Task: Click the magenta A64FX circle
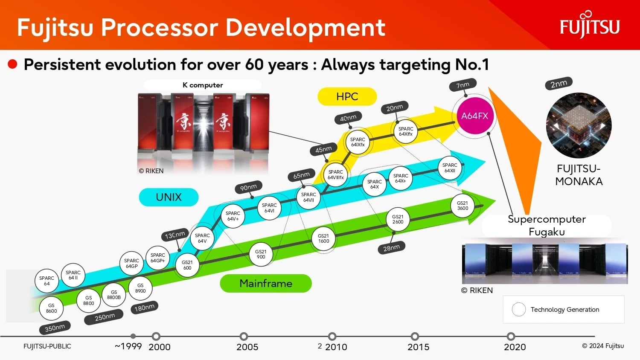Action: (474, 116)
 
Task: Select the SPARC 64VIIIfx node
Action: (335, 174)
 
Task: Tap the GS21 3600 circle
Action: (462, 206)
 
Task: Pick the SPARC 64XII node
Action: (450, 168)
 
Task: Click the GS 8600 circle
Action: (51, 308)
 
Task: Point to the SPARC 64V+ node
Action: (233, 216)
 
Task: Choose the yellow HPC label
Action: (347, 96)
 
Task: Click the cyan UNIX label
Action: (169, 197)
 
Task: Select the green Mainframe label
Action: (266, 283)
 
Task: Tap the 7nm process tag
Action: (463, 85)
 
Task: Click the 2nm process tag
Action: (559, 84)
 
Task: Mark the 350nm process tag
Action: (55, 328)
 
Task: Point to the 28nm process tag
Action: (391, 248)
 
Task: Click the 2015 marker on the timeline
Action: (415, 336)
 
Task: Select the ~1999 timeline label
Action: (128, 346)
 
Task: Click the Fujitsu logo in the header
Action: (590, 25)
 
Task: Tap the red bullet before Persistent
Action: (12, 64)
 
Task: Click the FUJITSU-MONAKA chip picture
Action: (579, 125)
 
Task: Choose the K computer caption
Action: (203, 85)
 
